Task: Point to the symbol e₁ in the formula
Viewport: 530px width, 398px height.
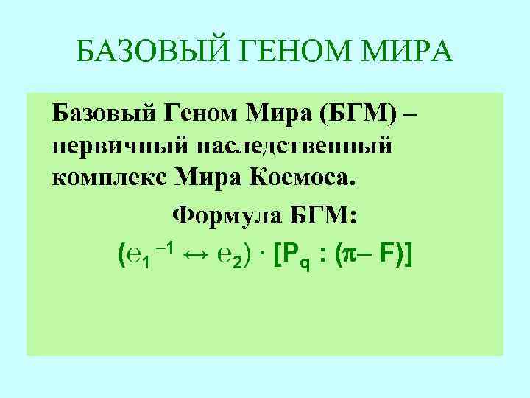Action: coord(139,257)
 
